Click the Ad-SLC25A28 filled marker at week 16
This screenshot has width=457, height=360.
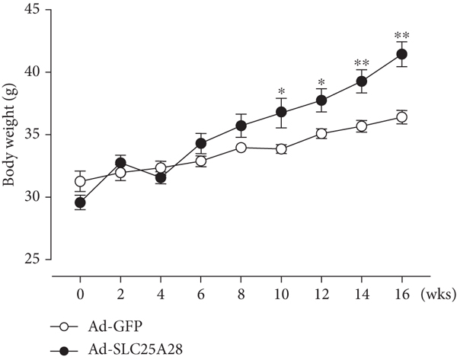(402, 54)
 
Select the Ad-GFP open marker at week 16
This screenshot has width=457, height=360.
(402, 117)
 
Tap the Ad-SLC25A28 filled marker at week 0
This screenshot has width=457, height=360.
(79, 202)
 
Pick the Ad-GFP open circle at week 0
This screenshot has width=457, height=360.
(79, 181)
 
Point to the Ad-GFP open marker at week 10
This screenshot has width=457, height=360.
(281, 149)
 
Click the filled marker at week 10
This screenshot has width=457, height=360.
(281, 112)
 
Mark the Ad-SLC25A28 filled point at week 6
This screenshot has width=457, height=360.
(200, 143)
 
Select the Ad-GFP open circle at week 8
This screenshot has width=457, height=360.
(241, 148)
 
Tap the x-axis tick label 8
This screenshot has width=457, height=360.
(241, 294)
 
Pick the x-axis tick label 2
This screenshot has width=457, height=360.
(120, 294)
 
